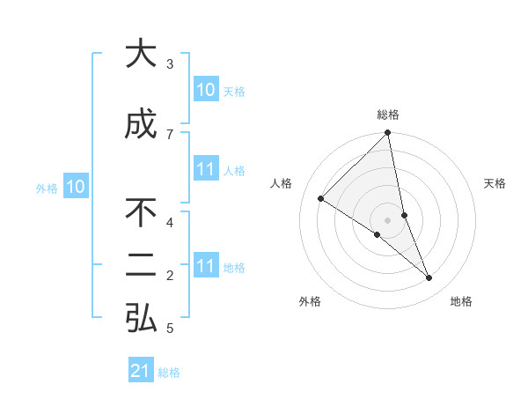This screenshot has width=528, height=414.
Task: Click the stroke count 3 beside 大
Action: pos(170,64)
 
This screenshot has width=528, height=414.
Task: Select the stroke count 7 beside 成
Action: pos(170,134)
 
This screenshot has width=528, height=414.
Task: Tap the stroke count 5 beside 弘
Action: pos(170,329)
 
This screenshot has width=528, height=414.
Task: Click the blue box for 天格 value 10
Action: pos(205,90)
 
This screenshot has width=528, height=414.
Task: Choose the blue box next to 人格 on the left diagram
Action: pos(205,170)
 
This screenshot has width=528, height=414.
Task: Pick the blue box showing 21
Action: pos(141,371)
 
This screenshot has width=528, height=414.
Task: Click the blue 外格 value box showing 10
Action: pos(76,187)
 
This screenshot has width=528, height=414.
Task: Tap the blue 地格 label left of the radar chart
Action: pos(235,268)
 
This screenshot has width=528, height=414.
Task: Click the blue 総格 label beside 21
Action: pos(169,373)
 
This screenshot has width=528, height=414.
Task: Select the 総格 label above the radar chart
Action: pos(388,115)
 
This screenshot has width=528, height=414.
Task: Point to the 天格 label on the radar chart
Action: pos(495,183)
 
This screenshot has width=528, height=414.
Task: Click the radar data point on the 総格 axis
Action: pos(388,133)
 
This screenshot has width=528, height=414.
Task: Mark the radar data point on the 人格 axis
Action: pos(320,198)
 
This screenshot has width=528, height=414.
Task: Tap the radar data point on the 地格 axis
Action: pos(429,278)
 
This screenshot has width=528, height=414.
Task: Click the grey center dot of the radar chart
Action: pos(388,219)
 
